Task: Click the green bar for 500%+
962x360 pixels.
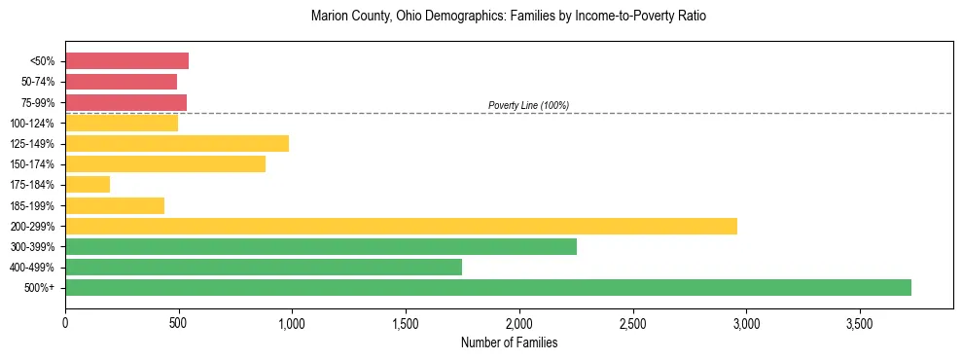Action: point(487,287)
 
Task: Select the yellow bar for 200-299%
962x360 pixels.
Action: point(401,226)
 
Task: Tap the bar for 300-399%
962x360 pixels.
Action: point(320,246)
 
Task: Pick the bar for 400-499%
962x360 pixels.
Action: point(263,267)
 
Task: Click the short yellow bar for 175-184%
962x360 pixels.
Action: point(88,185)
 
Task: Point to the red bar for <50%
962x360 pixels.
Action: point(126,61)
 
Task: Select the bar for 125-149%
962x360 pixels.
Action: point(176,144)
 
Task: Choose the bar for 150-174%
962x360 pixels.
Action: point(164,164)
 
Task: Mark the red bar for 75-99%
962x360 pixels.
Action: point(125,102)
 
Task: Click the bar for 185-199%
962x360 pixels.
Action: point(114,205)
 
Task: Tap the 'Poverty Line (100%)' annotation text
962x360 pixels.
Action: point(528,105)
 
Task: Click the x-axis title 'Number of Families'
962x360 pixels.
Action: point(509,342)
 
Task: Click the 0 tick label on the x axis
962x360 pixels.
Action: point(65,322)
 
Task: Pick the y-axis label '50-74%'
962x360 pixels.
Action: point(38,82)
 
